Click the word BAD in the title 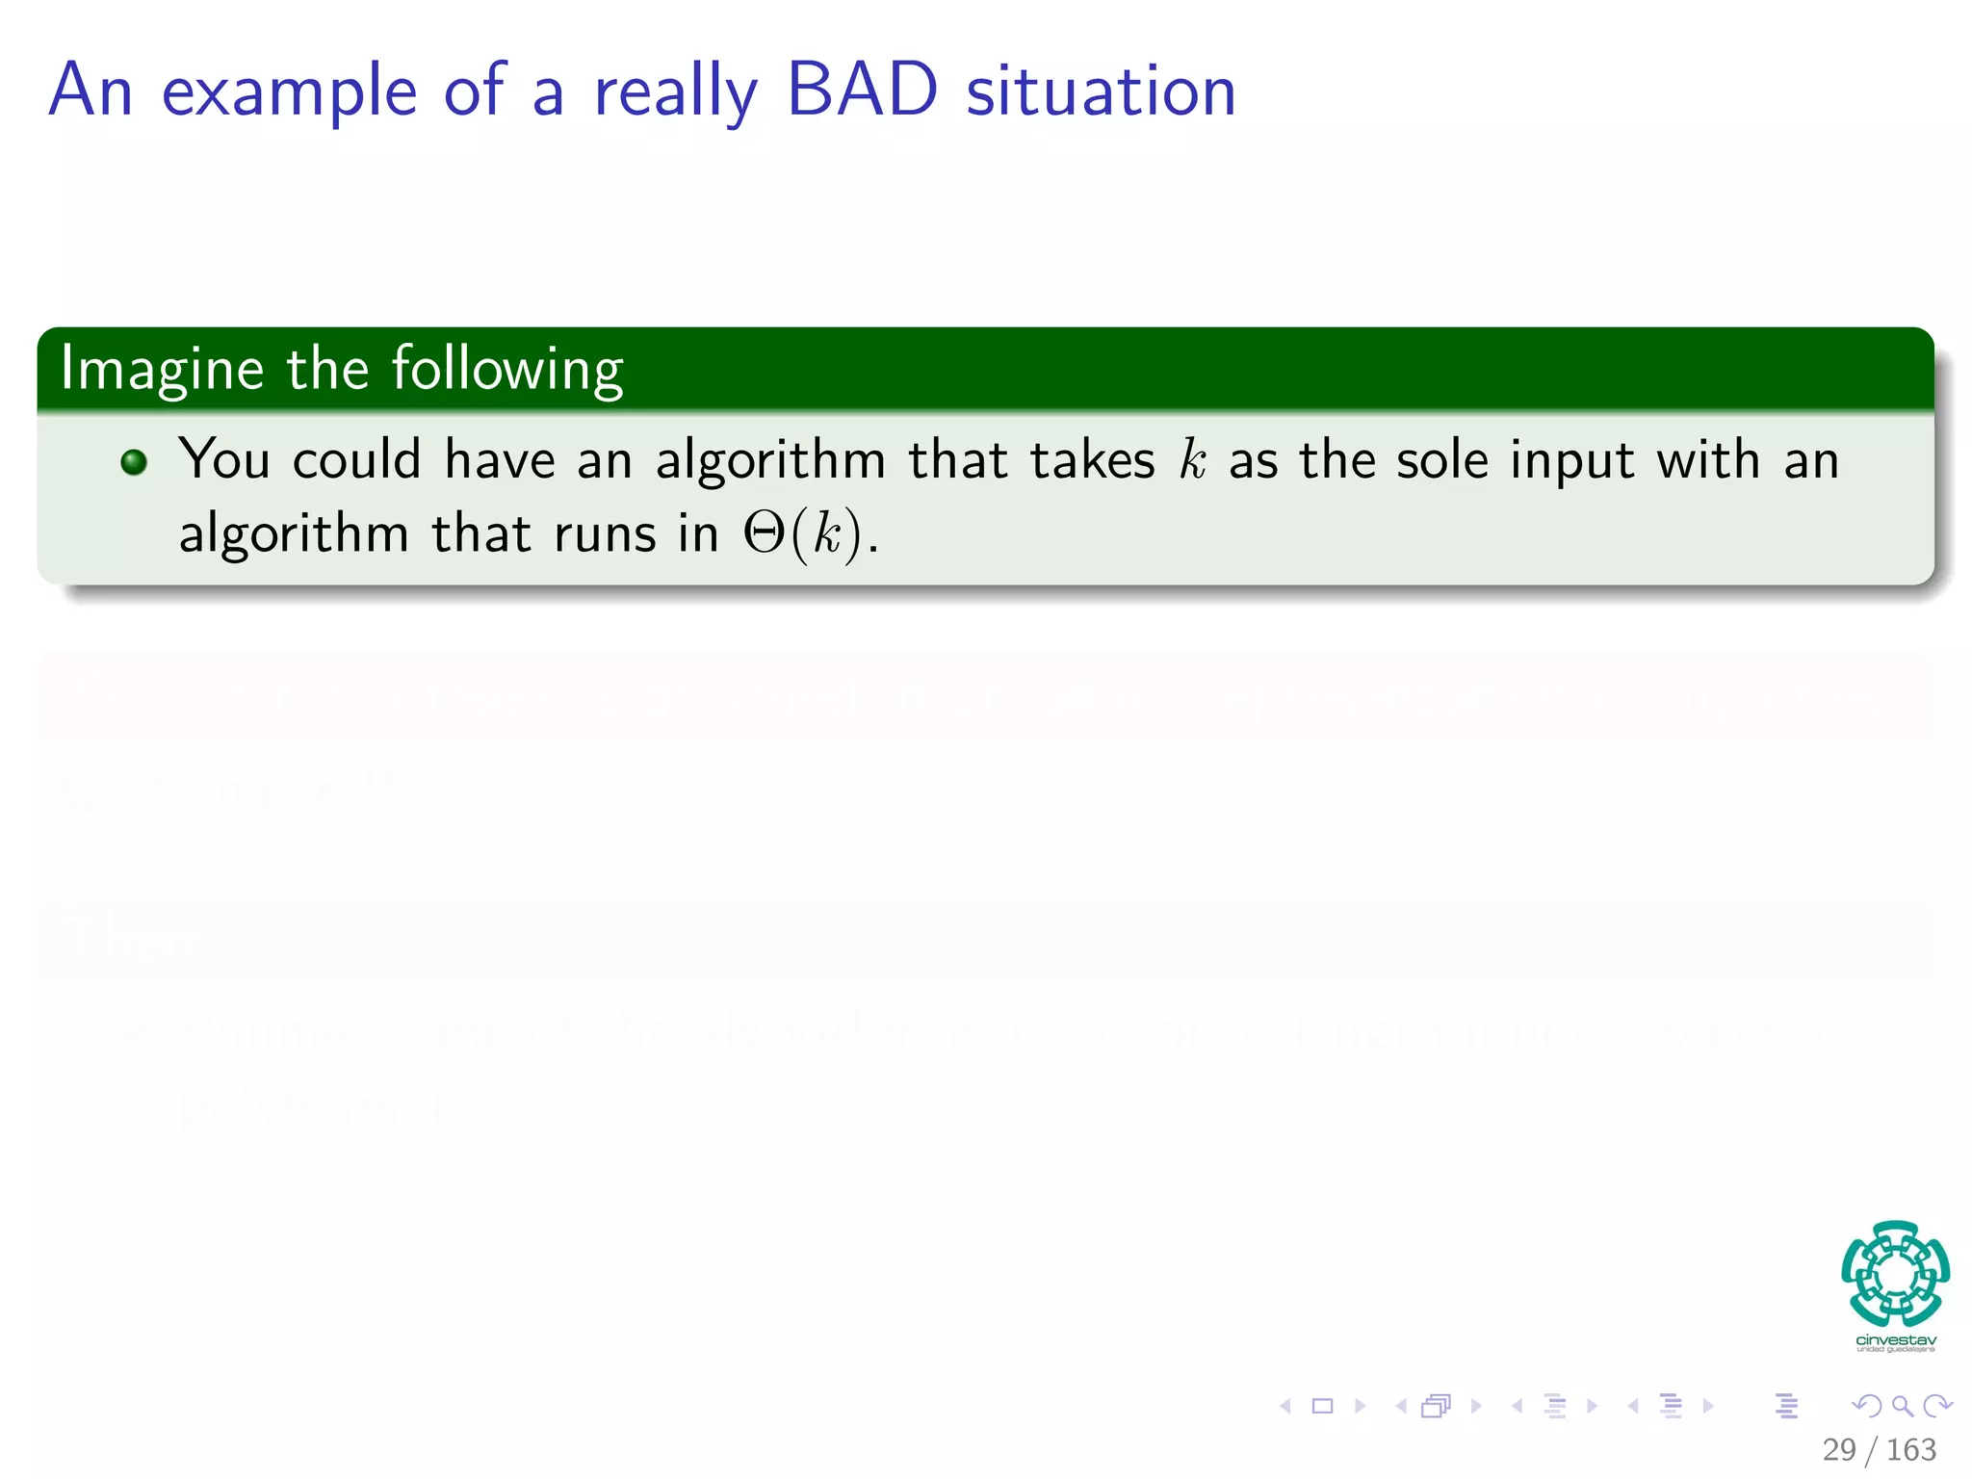click(x=862, y=91)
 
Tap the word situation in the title click(x=1101, y=91)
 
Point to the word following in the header click(x=507, y=370)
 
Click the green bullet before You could click(x=134, y=462)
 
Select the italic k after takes click(x=1192, y=459)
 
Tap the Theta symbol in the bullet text click(x=765, y=532)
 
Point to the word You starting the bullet click(x=224, y=458)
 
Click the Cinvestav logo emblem click(x=1895, y=1273)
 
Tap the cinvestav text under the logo click(x=1895, y=1339)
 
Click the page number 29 click(x=1838, y=1449)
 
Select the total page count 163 click(x=1910, y=1449)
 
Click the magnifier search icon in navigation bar click(x=1902, y=1406)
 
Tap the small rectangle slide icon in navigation click(x=1322, y=1406)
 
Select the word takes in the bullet click(x=1092, y=459)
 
